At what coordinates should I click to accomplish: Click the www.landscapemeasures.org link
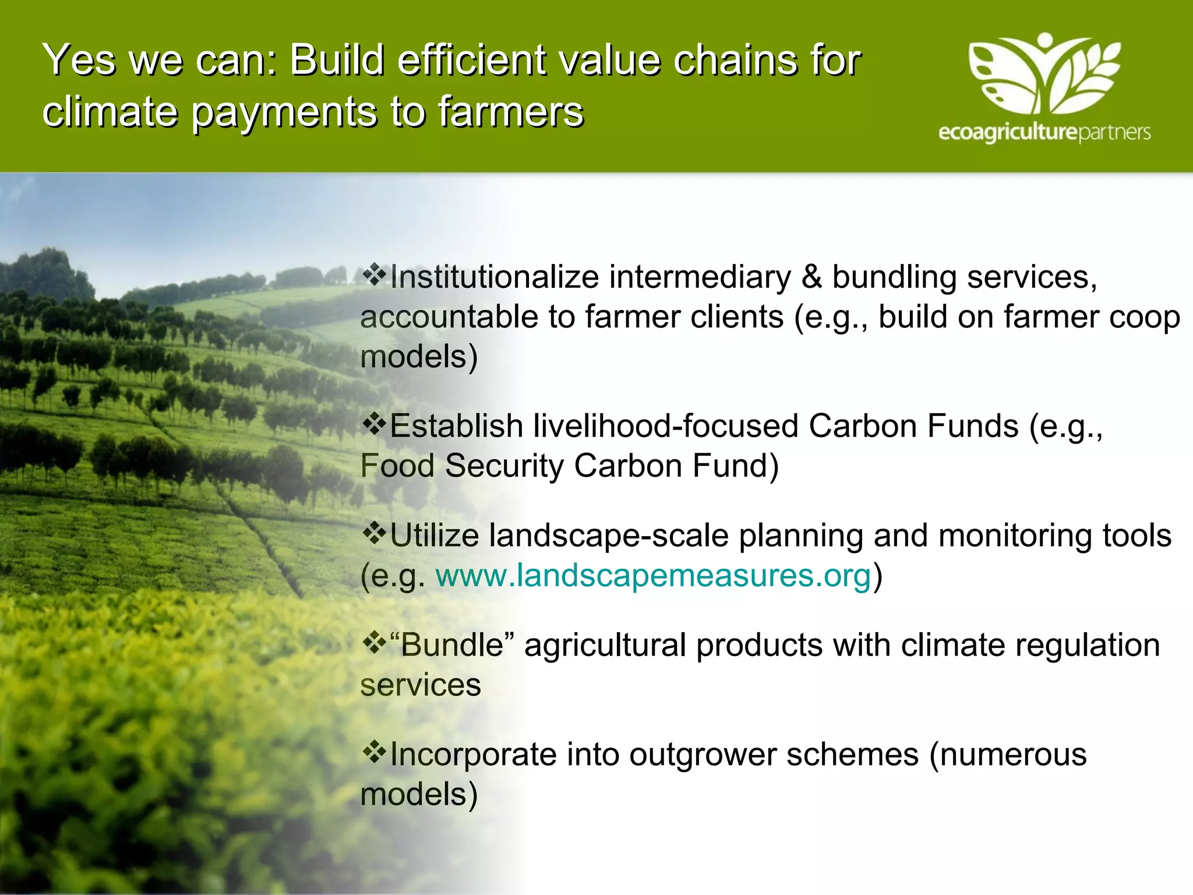(653, 576)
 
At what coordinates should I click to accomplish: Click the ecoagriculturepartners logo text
(1044, 133)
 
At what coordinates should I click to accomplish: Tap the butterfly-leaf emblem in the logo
(1044, 73)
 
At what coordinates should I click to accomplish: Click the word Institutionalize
(495, 277)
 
